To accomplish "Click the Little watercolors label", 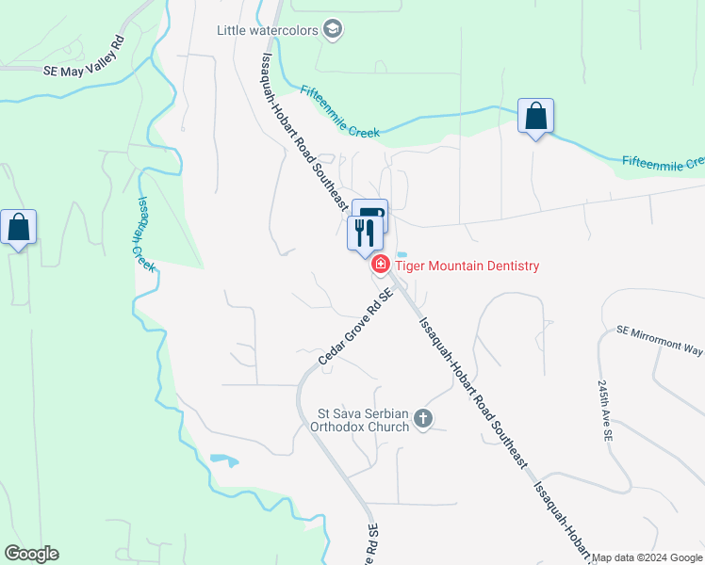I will pos(268,30).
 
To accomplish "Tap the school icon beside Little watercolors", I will pos(332,30).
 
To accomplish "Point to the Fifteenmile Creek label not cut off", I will pos(339,112).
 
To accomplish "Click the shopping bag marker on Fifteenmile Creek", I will pos(535,118).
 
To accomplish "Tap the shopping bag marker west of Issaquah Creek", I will pos(19,228).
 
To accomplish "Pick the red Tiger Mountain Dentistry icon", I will pos(381,266).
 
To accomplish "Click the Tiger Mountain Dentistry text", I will pos(467,266).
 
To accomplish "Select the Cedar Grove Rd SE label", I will pos(354,327).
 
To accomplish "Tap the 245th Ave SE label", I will pos(604,412).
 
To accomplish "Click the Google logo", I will pos(31,554).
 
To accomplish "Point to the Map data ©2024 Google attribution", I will pos(646,557).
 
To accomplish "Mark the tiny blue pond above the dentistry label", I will pos(402,254).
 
